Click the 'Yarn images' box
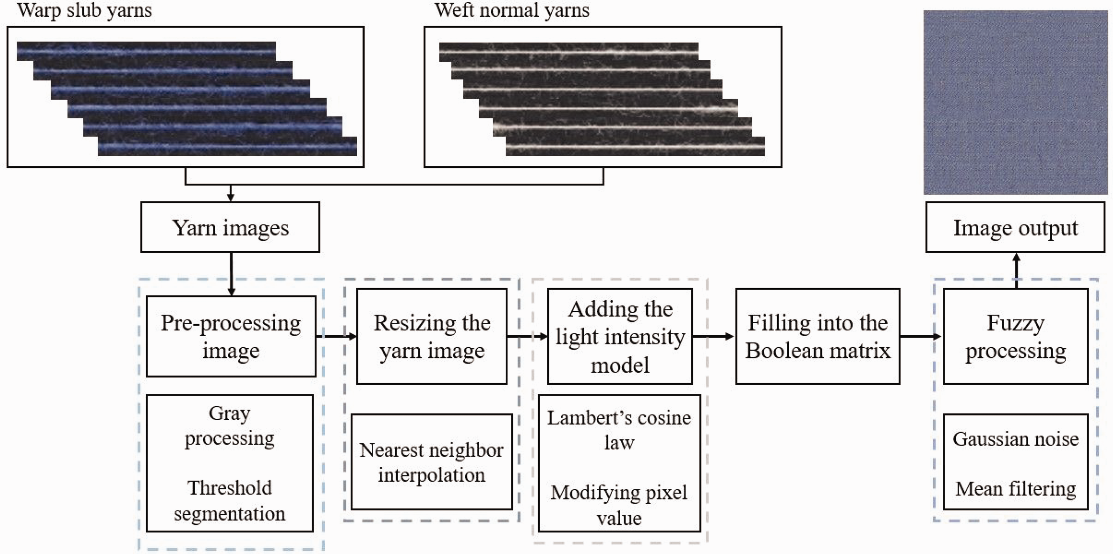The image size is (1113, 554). (x=230, y=227)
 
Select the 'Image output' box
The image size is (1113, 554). (x=1015, y=227)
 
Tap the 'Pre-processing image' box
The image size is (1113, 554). (x=231, y=336)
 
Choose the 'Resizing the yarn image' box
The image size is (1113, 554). (x=431, y=336)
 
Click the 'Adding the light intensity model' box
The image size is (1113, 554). (x=620, y=336)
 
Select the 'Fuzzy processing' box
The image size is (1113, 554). (x=1015, y=336)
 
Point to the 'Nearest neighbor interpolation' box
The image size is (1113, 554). (x=431, y=462)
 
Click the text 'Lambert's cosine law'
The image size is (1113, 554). (x=619, y=430)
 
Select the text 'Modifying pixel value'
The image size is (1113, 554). (x=619, y=505)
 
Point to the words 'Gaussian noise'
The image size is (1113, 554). (x=1015, y=439)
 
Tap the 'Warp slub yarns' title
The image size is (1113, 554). (x=85, y=10)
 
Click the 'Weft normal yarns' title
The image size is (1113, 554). (x=512, y=10)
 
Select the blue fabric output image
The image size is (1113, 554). (x=1016, y=102)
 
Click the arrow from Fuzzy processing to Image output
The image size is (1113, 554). (x=1016, y=271)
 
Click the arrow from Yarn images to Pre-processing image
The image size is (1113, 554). (x=231, y=274)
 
